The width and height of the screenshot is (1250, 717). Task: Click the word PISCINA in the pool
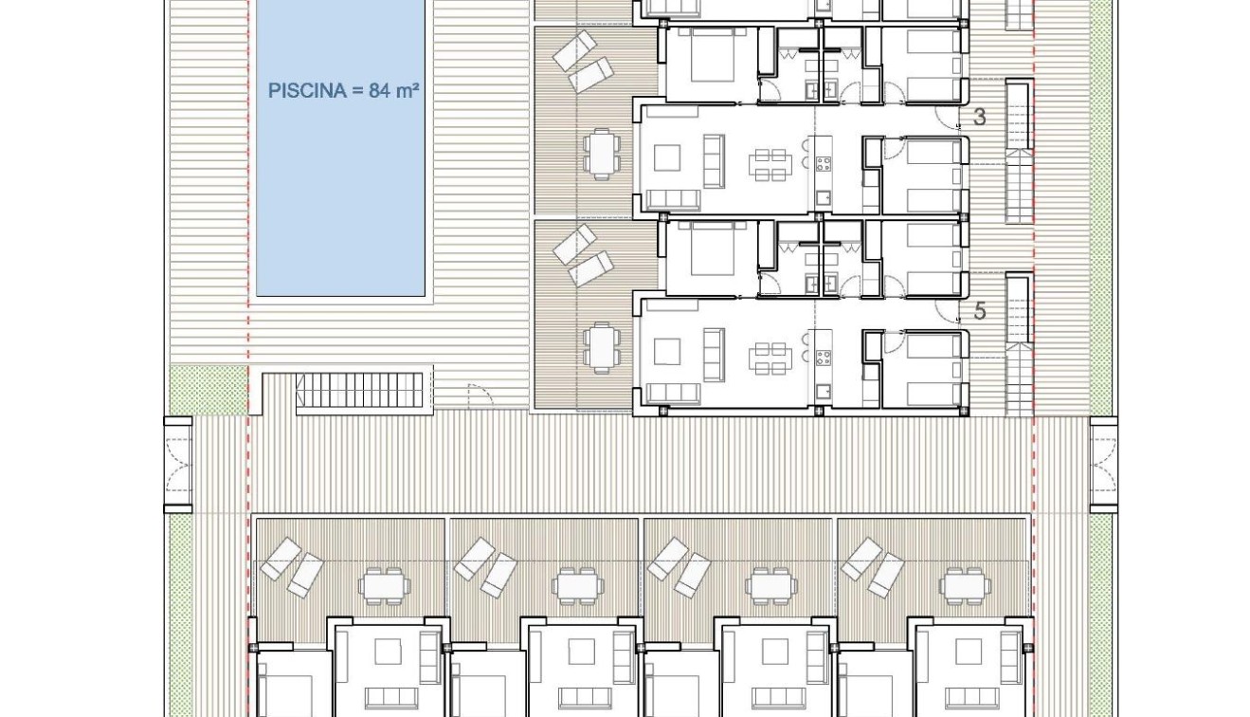305,91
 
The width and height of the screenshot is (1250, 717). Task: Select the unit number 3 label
980,118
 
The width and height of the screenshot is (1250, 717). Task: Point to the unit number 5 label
980,311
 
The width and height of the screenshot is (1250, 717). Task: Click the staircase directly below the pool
359,391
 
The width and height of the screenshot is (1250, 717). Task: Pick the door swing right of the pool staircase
480,396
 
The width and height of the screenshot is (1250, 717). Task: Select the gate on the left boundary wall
178,466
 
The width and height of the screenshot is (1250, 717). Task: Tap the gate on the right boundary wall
1103,466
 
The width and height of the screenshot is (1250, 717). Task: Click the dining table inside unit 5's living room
769,357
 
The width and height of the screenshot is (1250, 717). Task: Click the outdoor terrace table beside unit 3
602,154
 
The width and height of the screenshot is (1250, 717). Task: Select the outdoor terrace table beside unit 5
602,347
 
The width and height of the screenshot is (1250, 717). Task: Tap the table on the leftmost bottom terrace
385,586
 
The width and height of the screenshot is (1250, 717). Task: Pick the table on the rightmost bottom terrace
965,586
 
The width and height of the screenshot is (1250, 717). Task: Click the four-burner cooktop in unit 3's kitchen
824,162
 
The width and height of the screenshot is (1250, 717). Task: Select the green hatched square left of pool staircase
208,390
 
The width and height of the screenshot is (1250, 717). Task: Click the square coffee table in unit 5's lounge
667,352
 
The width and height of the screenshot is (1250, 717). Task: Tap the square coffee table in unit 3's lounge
667,157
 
